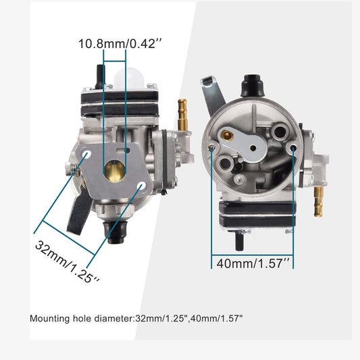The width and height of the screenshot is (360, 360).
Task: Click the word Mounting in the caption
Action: coord(50,317)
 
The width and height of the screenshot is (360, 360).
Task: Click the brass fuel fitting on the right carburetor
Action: coord(317,201)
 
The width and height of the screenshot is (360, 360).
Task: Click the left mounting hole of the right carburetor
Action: coord(212,147)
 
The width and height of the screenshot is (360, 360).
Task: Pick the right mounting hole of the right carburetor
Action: coord(292,147)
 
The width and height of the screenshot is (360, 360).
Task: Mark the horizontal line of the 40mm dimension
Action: coord(253,251)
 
